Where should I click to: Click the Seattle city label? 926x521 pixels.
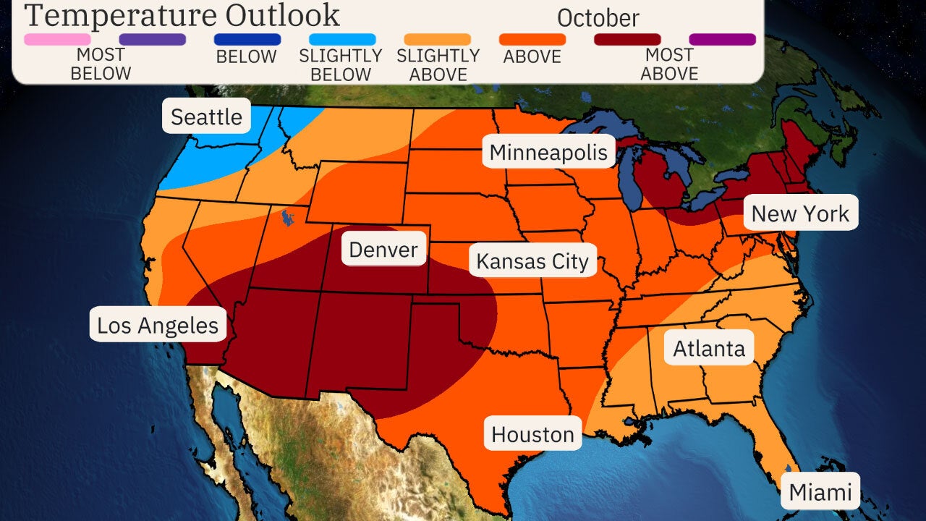tap(206, 117)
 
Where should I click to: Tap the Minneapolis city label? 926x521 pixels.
tap(548, 153)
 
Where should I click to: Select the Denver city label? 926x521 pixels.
tap(383, 250)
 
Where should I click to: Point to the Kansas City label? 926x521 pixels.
tap(532, 261)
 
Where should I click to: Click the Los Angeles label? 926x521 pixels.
tap(158, 326)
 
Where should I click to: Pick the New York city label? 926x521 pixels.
tap(800, 213)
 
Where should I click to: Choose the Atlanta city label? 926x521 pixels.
tap(709, 349)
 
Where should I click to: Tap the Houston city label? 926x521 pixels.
tap(532, 434)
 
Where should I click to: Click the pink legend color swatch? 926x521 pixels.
tap(58, 39)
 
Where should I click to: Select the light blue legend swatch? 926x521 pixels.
tap(342, 39)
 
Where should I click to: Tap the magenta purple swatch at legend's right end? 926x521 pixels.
tap(722, 39)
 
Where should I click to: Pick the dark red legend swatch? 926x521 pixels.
tap(627, 39)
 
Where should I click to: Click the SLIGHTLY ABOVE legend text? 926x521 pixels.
tap(438, 65)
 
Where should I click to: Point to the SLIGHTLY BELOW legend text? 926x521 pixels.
tap(340, 65)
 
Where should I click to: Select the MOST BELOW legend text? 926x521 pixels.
tap(101, 64)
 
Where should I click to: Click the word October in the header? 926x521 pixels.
tap(598, 17)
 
